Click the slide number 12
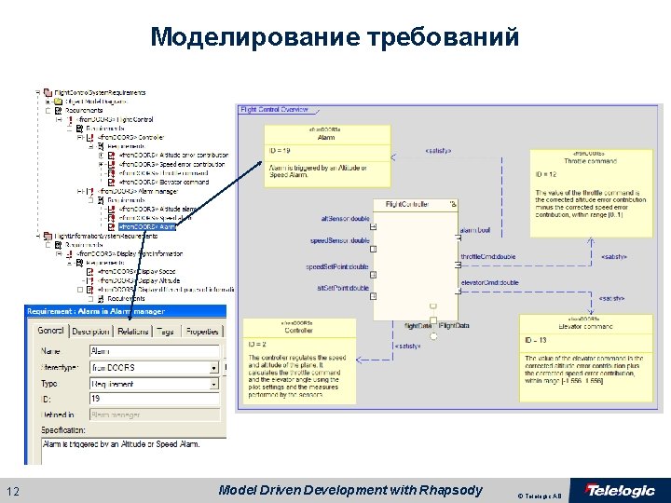point(13,490)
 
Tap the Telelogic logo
point(619,491)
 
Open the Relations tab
point(133,332)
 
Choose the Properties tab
point(202,332)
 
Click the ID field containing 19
point(154,398)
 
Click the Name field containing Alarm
point(154,351)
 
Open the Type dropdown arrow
point(214,383)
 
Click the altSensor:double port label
point(344,219)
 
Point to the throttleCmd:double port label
point(488,256)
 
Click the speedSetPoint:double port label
point(337,267)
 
